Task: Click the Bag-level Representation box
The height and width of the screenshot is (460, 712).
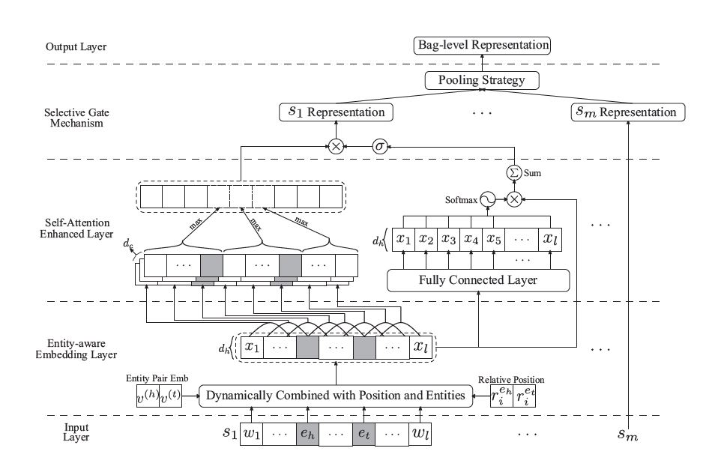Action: click(483, 46)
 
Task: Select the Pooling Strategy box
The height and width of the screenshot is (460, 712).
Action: click(483, 79)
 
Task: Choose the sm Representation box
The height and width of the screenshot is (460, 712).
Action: click(627, 112)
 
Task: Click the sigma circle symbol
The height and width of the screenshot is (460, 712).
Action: click(379, 147)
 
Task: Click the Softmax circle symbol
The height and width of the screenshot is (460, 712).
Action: click(489, 199)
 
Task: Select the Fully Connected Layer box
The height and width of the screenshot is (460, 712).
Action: click(478, 280)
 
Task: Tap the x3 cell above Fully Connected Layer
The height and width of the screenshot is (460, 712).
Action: click(449, 240)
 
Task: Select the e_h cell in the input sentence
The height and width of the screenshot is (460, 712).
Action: click(307, 433)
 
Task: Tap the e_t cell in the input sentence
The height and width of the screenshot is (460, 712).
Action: click(363, 433)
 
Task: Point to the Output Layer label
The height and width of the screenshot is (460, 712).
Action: click(76, 46)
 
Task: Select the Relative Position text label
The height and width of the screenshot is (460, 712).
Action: click(513, 379)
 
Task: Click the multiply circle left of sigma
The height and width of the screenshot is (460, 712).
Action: click(336, 147)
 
